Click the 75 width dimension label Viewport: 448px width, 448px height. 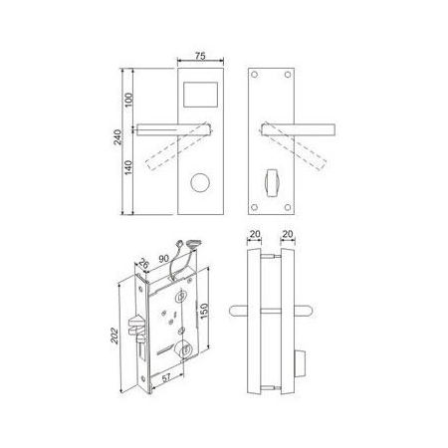200,56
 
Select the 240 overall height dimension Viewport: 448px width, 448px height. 117,137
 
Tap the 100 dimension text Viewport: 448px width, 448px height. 128,100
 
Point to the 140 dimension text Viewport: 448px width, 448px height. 128,167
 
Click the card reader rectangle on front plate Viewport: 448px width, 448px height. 201,95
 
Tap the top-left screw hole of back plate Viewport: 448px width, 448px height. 255,75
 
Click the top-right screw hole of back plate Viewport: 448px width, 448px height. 288,75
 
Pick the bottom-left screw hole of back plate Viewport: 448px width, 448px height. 255,207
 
